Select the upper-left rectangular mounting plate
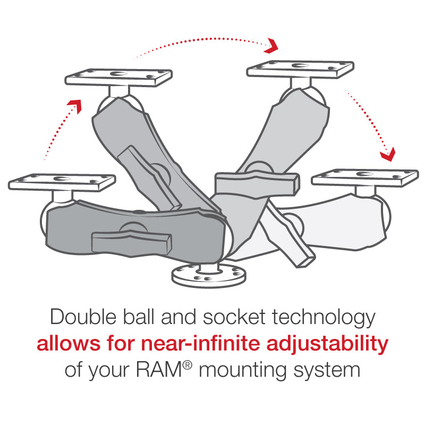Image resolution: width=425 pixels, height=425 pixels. [x=118, y=77]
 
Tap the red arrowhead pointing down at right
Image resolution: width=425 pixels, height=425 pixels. [x=388, y=155]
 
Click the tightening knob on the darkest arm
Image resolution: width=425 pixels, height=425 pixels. [x=132, y=241]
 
